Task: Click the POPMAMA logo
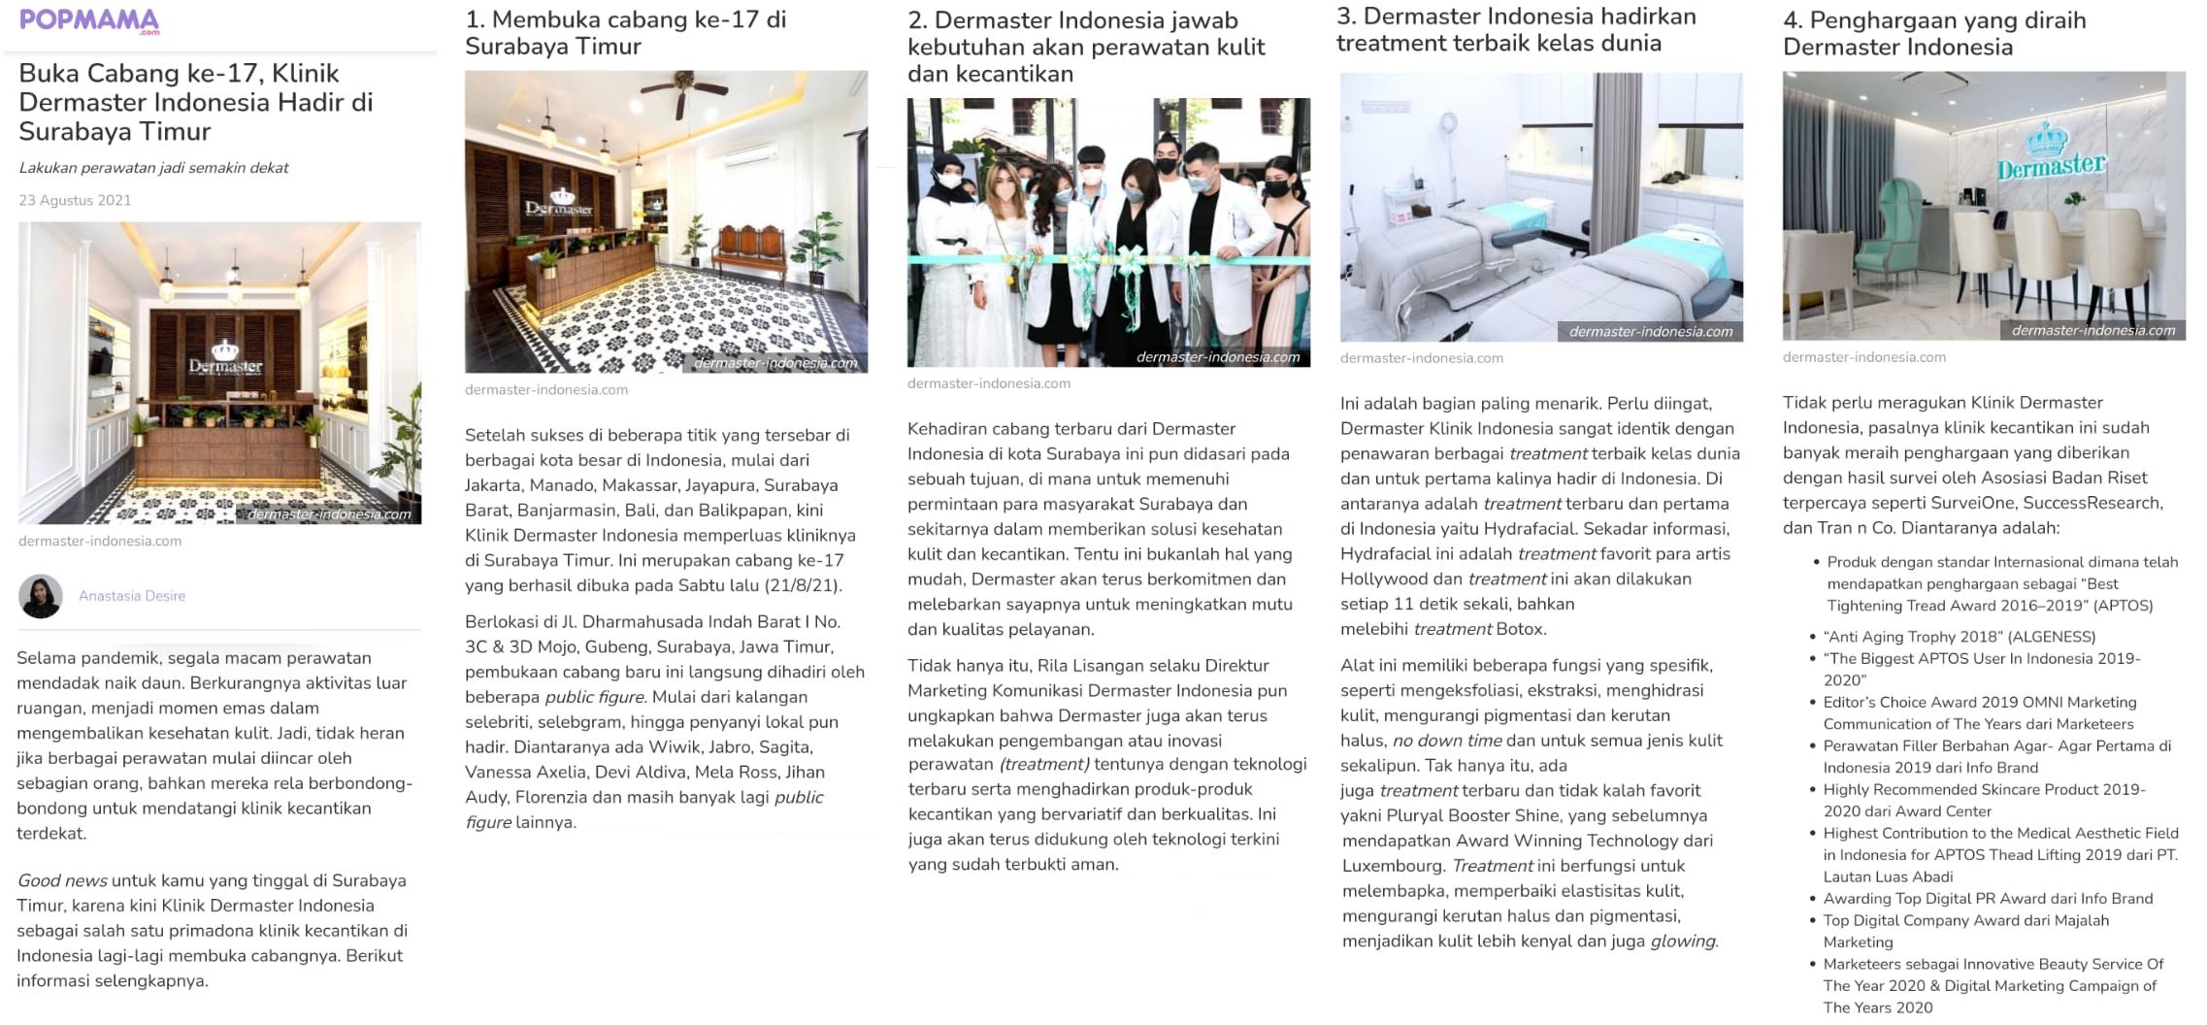click(89, 21)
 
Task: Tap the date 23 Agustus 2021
click(75, 201)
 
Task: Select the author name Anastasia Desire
click(132, 596)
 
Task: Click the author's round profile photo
click(41, 596)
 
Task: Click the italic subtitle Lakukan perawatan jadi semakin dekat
click(153, 168)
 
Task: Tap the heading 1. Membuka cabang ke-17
click(625, 33)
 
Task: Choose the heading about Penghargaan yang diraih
click(1933, 33)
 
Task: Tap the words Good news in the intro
click(62, 881)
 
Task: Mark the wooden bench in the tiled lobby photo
click(747, 248)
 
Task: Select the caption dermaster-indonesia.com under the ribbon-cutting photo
click(988, 383)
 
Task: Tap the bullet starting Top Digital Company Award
click(1964, 921)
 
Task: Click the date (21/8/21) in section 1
click(804, 585)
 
